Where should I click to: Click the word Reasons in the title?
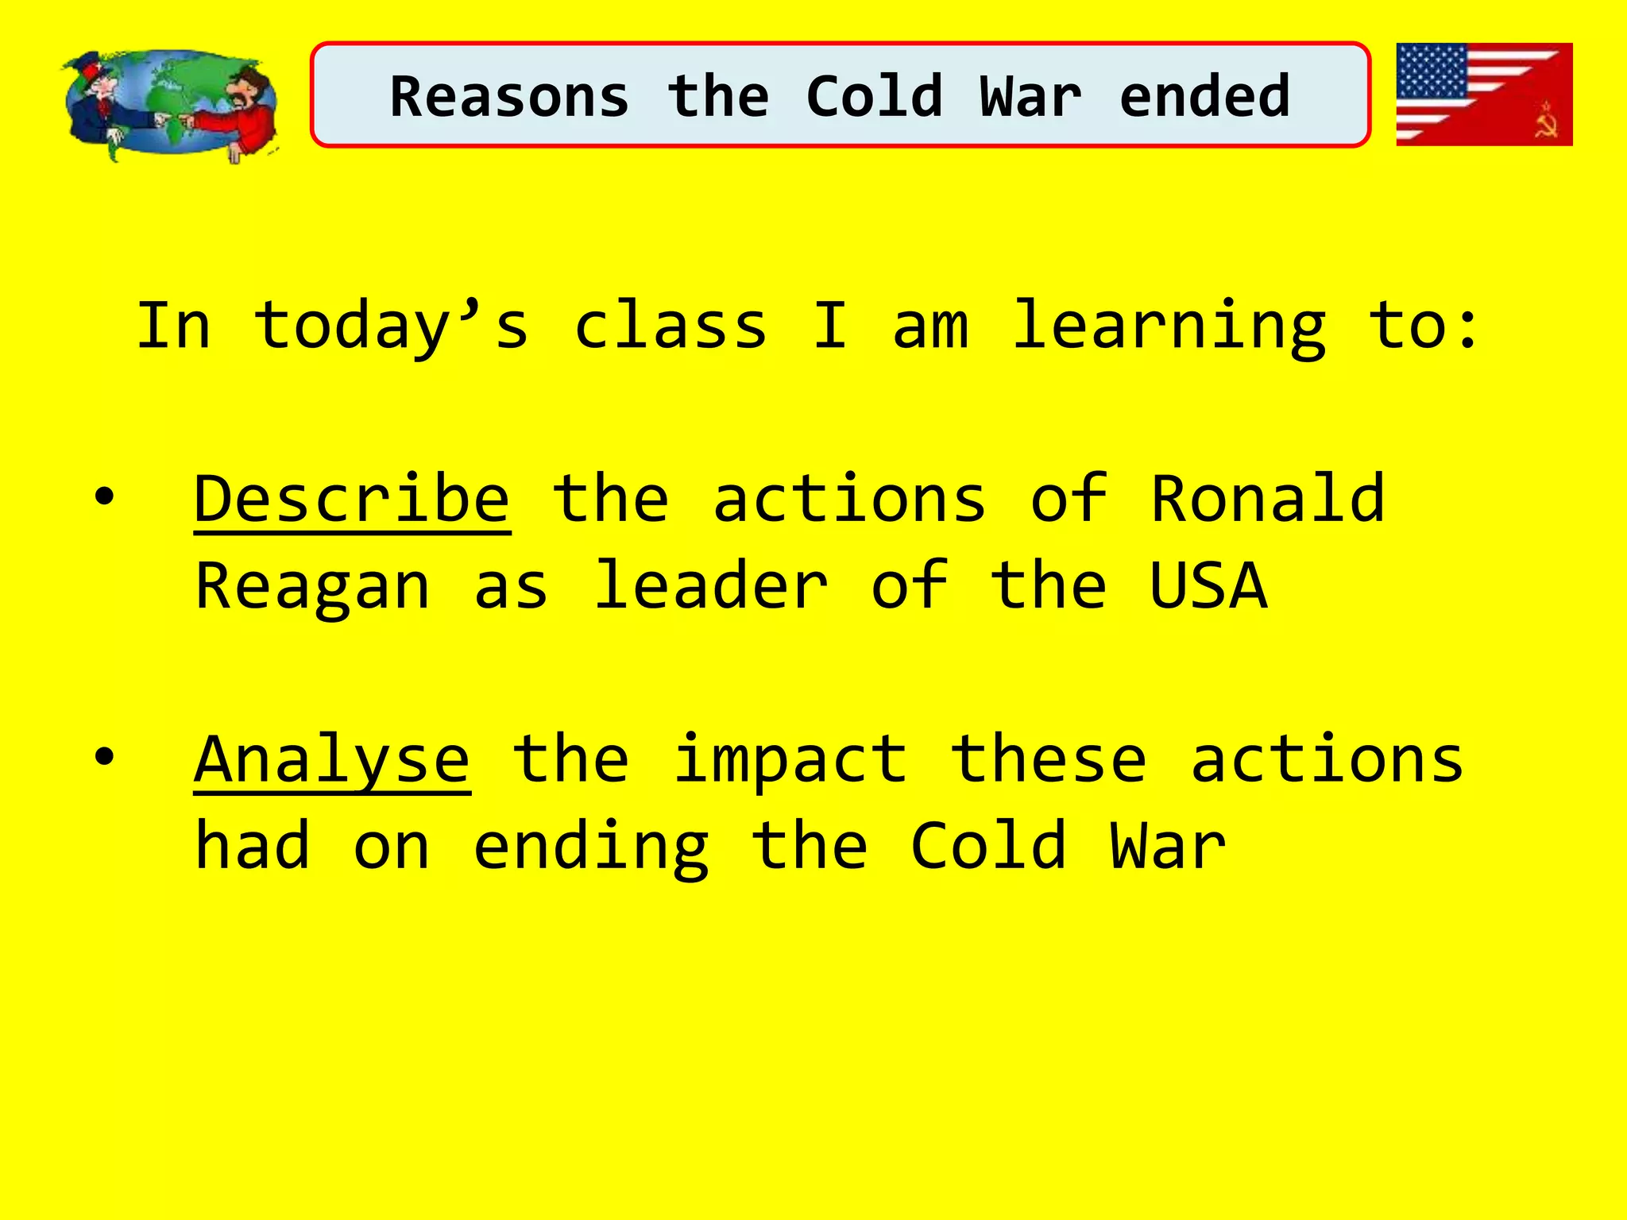[509, 97]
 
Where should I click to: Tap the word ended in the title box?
[1204, 97]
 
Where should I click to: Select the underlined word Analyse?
[332, 760]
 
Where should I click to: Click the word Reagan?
[312, 586]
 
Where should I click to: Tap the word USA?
[1208, 586]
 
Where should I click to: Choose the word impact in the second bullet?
[790, 760]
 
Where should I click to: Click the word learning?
[1169, 326]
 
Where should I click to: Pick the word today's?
[391, 326]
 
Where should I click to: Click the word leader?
[711, 586]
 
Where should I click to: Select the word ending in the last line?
[591, 847]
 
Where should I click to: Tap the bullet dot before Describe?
[104, 498]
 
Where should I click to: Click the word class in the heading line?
[671, 326]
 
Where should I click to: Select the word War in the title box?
[1030, 97]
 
